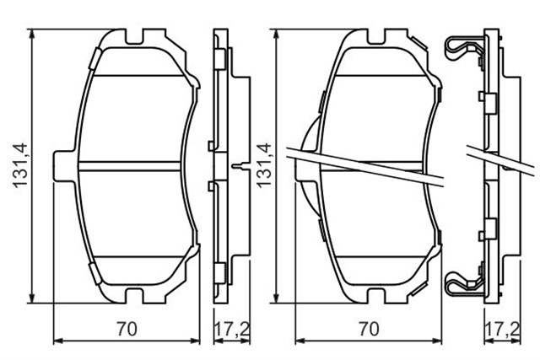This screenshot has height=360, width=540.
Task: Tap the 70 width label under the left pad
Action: pyautogui.click(x=127, y=330)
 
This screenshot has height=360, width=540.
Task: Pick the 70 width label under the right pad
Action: pyautogui.click(x=370, y=330)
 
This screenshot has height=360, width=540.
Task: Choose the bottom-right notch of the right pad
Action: pyautogui.click(x=400, y=293)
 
